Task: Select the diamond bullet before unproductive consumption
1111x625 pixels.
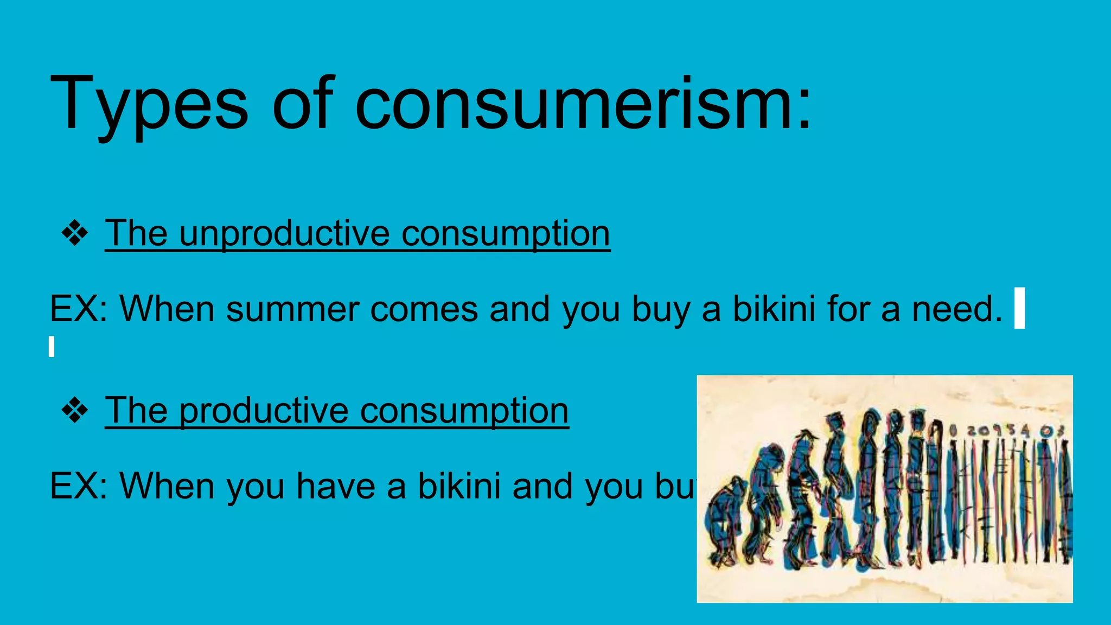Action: pyautogui.click(x=75, y=234)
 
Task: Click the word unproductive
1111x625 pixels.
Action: pyautogui.click(x=284, y=234)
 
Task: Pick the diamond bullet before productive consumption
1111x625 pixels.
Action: pyautogui.click(x=75, y=411)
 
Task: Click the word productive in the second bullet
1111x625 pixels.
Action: pyautogui.click(x=264, y=411)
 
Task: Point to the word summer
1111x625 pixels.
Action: pyautogui.click(x=292, y=309)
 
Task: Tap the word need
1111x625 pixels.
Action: pyautogui.click(x=957, y=309)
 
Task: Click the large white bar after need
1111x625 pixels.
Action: pyautogui.click(x=1019, y=308)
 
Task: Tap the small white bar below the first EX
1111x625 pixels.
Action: pyautogui.click(x=52, y=347)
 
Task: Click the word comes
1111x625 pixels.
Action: pyautogui.click(x=424, y=309)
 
